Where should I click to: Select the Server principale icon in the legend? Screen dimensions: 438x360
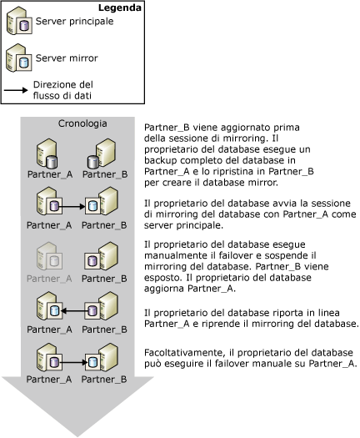pos(18,23)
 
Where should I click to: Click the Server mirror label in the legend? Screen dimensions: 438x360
pos(63,58)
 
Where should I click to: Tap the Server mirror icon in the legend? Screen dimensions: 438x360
pos(18,59)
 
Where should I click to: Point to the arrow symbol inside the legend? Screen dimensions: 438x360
pos(17,90)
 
